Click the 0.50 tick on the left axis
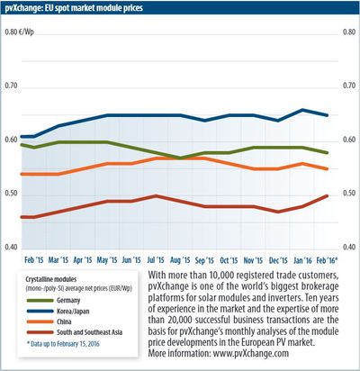(x=12, y=194)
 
